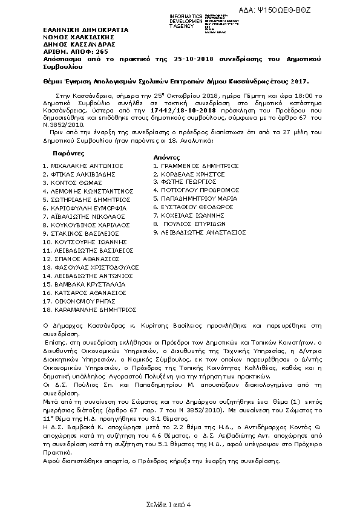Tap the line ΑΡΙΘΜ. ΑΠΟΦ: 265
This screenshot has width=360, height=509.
(x=67, y=51)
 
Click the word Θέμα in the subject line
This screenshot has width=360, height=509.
(x=52, y=80)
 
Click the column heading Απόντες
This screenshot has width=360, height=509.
(x=165, y=157)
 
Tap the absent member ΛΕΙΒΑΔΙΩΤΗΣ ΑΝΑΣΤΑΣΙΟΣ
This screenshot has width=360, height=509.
(x=203, y=232)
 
